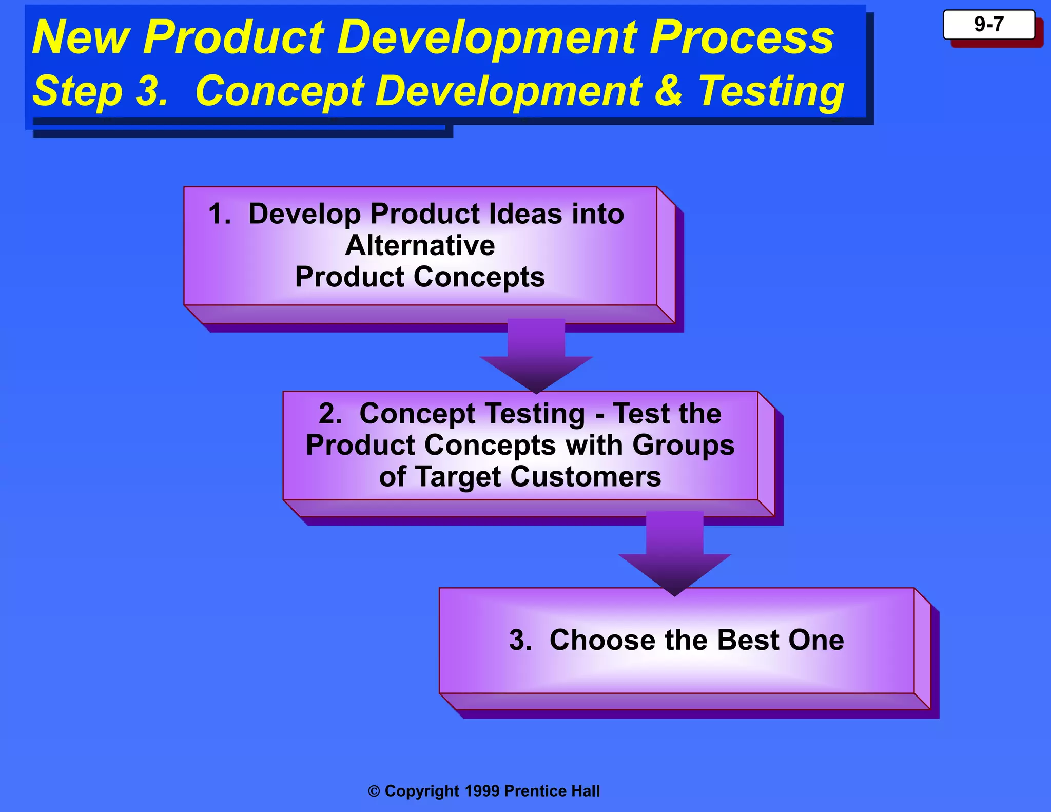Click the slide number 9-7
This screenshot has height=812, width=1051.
coord(988,24)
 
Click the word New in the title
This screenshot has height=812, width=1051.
coord(81,37)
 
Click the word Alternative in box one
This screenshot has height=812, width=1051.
coord(420,245)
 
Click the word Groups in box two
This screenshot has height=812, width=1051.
coord(683,445)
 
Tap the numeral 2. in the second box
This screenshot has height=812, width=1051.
coord(330,414)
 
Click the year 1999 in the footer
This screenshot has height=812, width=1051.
coord(482,791)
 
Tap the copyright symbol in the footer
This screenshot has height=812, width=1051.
coord(374,791)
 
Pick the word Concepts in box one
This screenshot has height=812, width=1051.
coord(479,277)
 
